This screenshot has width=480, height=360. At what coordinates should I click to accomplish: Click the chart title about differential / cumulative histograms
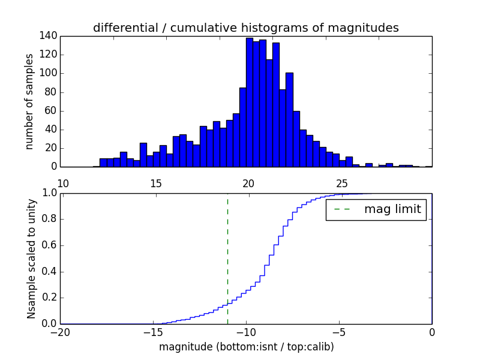[x=245, y=28]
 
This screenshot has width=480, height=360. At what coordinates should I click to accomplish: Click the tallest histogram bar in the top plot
[x=249, y=102]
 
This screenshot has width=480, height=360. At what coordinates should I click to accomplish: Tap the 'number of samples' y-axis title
[x=29, y=101]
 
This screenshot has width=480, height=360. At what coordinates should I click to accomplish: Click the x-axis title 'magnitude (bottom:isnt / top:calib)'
[x=246, y=347]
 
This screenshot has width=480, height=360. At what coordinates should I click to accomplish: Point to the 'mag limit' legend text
[x=392, y=209]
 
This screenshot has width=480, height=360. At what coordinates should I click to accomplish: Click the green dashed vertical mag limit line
[x=227, y=258]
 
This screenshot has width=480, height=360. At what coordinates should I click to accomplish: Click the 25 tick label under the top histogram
[x=341, y=183]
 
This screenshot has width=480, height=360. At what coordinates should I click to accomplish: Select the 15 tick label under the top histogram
[x=155, y=183]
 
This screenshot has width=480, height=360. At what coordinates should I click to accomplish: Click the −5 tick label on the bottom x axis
[x=339, y=332]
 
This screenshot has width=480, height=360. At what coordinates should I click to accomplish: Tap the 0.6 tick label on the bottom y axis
[x=49, y=245]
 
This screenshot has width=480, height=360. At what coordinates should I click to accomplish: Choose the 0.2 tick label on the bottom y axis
[x=49, y=298]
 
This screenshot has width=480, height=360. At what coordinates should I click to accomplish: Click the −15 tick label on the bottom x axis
[x=153, y=332]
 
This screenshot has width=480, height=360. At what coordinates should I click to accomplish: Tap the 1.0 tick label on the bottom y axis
[x=49, y=193]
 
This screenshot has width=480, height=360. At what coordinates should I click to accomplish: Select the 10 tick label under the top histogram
[x=62, y=183]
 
